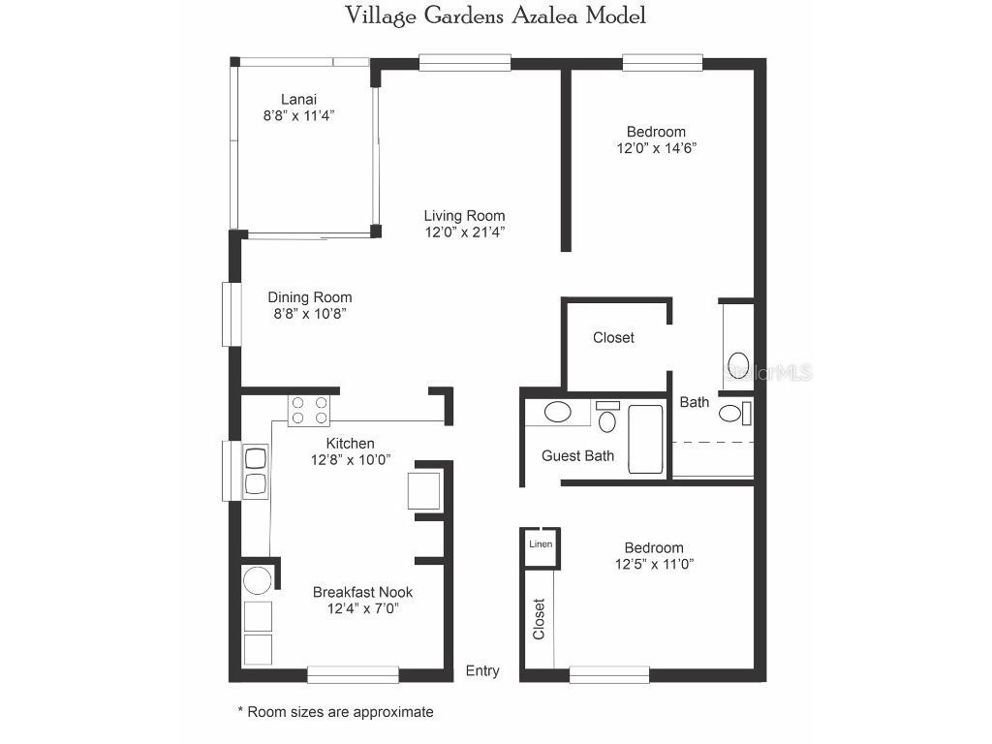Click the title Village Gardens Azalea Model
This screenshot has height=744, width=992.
click(x=495, y=15)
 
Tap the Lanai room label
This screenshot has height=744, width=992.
click(x=298, y=99)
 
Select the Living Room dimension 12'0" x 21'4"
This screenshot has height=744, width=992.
click(x=464, y=232)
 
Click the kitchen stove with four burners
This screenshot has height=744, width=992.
click(x=309, y=411)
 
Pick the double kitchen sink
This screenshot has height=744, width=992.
click(x=256, y=471)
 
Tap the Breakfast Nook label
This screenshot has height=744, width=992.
click(x=362, y=592)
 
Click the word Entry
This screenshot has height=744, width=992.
click(x=482, y=670)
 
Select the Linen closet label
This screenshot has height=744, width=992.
click(x=541, y=544)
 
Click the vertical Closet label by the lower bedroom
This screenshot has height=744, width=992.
click(x=539, y=619)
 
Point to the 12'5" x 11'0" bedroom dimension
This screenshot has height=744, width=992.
click(x=655, y=564)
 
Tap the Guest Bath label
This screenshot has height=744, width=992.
click(x=577, y=455)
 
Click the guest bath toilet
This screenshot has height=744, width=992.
click(x=607, y=418)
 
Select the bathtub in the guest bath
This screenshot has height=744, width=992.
click(x=645, y=439)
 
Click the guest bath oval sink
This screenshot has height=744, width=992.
click(x=557, y=412)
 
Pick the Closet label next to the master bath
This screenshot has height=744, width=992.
click(x=613, y=337)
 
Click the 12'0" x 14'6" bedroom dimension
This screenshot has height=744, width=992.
click(x=656, y=148)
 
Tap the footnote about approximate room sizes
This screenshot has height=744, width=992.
click(x=335, y=712)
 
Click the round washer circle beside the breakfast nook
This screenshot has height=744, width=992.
click(x=257, y=581)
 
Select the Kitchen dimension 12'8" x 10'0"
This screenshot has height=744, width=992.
click(x=350, y=460)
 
